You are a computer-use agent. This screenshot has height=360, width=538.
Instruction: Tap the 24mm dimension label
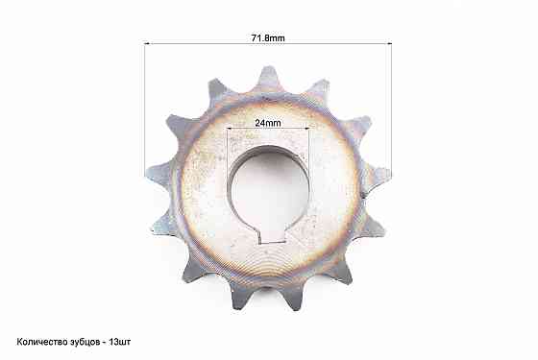(267, 124)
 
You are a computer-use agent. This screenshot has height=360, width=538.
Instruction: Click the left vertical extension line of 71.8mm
(145, 106)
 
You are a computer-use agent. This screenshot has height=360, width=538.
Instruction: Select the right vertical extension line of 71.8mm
(391, 106)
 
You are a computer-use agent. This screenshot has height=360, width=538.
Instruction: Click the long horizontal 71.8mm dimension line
(211, 43)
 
